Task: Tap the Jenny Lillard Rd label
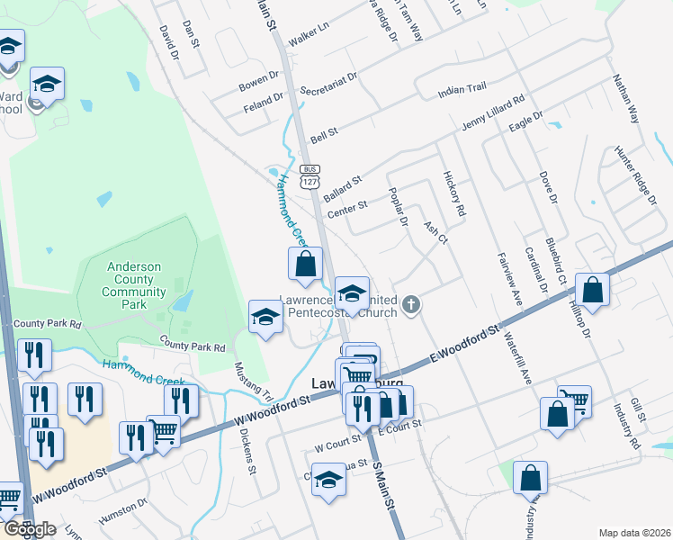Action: (x=493, y=112)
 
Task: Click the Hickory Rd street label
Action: (x=453, y=193)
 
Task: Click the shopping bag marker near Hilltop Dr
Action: (x=593, y=289)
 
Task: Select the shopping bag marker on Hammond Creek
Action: (x=305, y=264)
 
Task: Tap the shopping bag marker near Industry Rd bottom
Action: (x=530, y=477)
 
